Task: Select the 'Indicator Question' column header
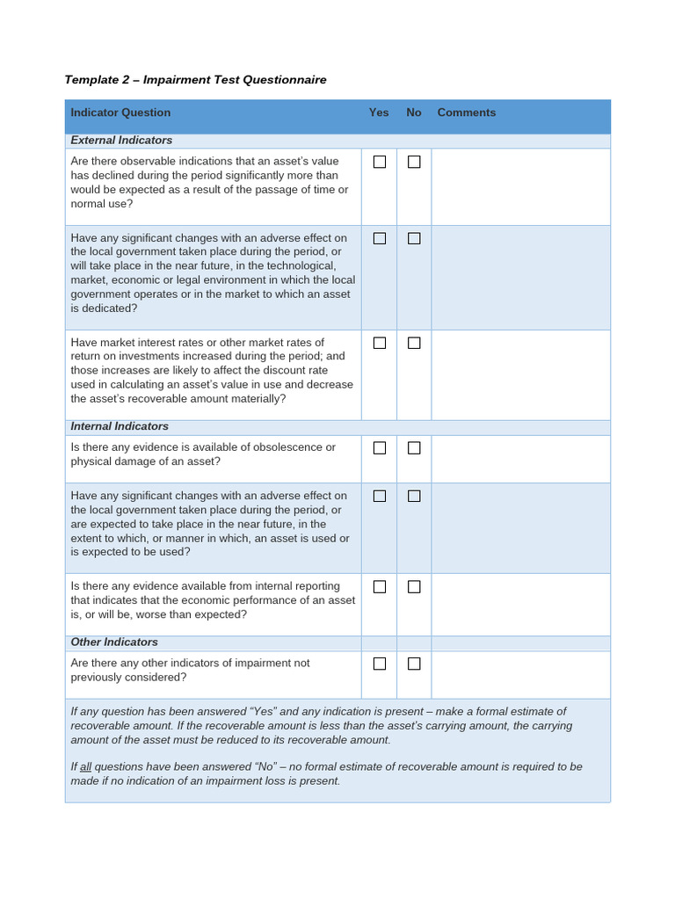coord(120,112)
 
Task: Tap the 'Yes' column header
coord(379,112)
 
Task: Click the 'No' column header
coord(414,112)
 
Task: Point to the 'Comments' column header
coord(467,112)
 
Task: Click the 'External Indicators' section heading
coord(121,141)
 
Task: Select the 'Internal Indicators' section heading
coord(120,426)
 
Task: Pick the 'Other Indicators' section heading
coord(114,642)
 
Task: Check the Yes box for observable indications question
coord(380,162)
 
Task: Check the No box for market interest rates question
coord(414,343)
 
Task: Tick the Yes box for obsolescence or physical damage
coord(380,447)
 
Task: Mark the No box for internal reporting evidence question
coord(414,586)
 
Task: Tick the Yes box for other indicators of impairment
coord(380,664)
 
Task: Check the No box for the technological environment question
coord(414,238)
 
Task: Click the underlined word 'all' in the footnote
coord(86,766)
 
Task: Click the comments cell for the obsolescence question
coord(520,459)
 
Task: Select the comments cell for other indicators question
coord(520,674)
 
